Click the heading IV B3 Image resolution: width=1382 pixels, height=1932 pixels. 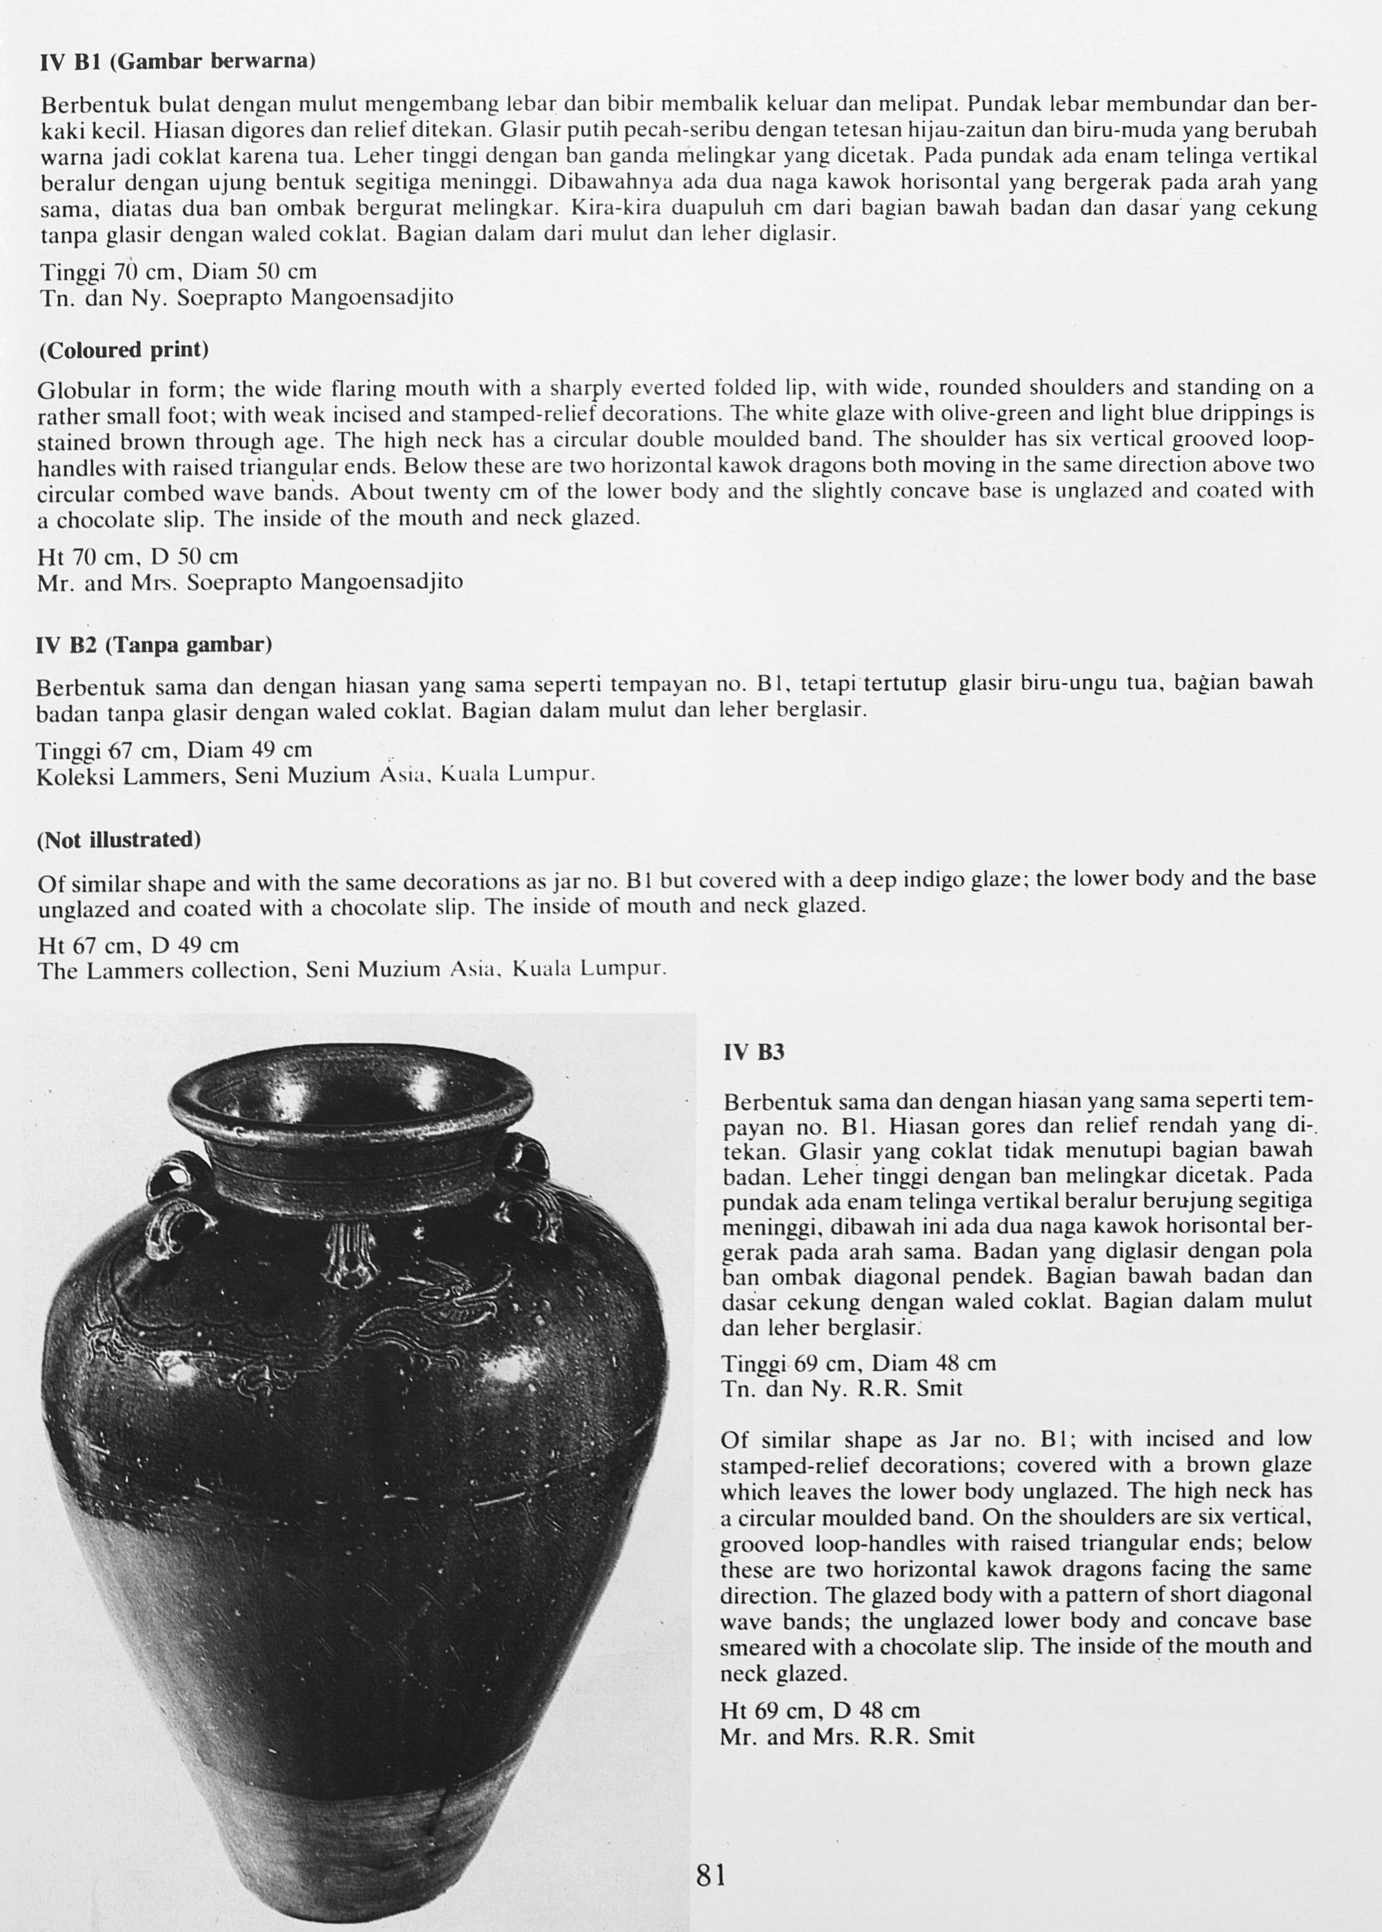pyautogui.click(x=754, y=1053)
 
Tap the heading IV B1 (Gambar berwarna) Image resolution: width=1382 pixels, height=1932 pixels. pyautogui.click(x=178, y=61)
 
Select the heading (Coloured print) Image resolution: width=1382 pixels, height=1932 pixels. pyautogui.click(x=123, y=350)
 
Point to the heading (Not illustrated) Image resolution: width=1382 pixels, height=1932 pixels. pyautogui.click(x=119, y=840)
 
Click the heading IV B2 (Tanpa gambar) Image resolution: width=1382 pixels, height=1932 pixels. pyautogui.click(x=154, y=644)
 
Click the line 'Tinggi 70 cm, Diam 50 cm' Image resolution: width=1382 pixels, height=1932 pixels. pyautogui.click(x=179, y=272)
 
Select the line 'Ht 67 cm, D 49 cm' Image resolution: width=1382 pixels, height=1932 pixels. pyautogui.click(x=138, y=945)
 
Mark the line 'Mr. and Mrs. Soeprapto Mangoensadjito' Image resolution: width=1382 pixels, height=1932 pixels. pyautogui.click(x=250, y=583)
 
